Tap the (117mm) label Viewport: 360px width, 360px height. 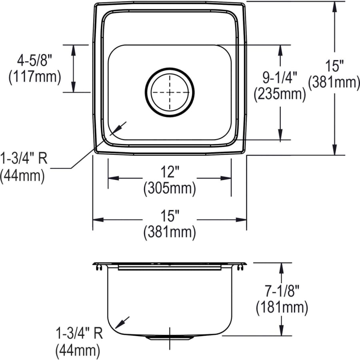(x=34, y=77)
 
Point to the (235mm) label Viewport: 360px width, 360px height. (x=280, y=94)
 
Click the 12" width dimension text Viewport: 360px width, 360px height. (x=170, y=172)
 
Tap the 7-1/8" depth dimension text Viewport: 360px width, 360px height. (x=282, y=293)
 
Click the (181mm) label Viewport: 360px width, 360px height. (x=282, y=308)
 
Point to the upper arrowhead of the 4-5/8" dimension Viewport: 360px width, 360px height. (x=73, y=48)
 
